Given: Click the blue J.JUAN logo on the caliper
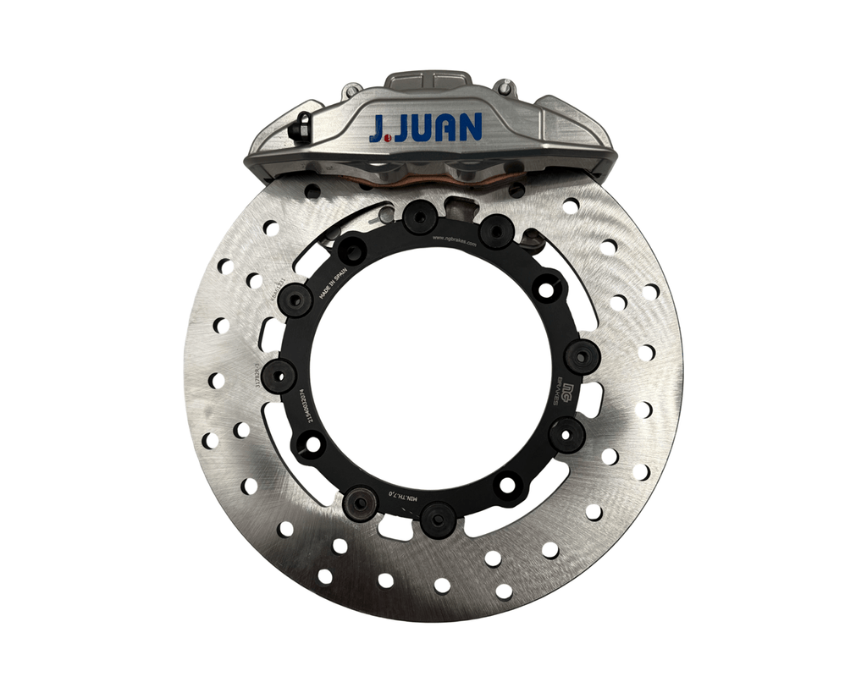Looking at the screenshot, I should coord(425,127).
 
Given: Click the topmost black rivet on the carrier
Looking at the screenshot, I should coord(420,217).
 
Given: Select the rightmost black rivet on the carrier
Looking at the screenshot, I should coord(582,356).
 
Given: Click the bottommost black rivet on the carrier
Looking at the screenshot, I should coord(438,518).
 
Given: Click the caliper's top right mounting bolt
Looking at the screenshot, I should coord(505,87).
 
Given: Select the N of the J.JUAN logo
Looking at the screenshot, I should coord(467,127).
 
